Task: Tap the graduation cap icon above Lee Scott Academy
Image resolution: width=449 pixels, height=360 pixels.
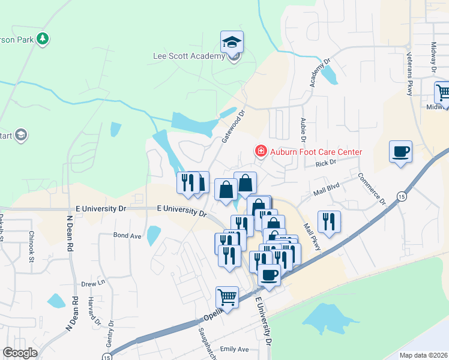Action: [x=232, y=41]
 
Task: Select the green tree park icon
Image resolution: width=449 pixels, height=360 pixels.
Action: [x=42, y=40]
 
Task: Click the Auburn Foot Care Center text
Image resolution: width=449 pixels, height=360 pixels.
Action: [x=316, y=152]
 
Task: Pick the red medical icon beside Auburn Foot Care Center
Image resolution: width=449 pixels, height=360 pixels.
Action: [x=261, y=151]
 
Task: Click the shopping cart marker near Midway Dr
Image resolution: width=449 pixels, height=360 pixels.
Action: [x=443, y=92]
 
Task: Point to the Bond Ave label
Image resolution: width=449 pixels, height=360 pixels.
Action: [x=127, y=236]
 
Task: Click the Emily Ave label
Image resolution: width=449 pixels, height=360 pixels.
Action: [x=234, y=349]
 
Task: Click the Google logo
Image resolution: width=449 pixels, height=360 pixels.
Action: [x=20, y=353]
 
